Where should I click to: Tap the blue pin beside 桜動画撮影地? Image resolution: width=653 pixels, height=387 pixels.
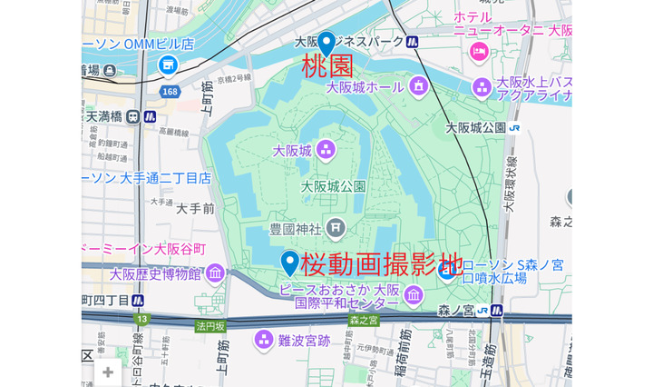click(290, 262)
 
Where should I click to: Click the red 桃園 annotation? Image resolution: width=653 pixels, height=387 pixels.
click(326, 65)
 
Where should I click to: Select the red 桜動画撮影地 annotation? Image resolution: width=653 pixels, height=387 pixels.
click(381, 263)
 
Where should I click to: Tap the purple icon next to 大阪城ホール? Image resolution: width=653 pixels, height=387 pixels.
click(418, 86)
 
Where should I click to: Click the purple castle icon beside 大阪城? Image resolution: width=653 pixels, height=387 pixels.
click(326, 150)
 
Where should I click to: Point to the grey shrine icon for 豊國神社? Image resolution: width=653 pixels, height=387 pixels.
click(336, 226)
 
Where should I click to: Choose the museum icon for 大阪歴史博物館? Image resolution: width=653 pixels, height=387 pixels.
click(215, 273)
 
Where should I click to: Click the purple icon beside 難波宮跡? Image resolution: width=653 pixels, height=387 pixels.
click(264, 340)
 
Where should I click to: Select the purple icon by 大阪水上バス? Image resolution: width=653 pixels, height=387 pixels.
click(482, 87)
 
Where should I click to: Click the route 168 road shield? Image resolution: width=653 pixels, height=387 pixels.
click(170, 92)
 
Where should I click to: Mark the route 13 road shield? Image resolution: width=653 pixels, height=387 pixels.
click(142, 319)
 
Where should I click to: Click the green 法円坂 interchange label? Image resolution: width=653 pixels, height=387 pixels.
click(210, 325)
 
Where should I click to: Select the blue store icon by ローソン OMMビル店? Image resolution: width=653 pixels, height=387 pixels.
click(168, 64)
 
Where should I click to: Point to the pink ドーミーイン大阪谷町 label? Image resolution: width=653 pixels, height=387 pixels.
click(144, 248)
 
